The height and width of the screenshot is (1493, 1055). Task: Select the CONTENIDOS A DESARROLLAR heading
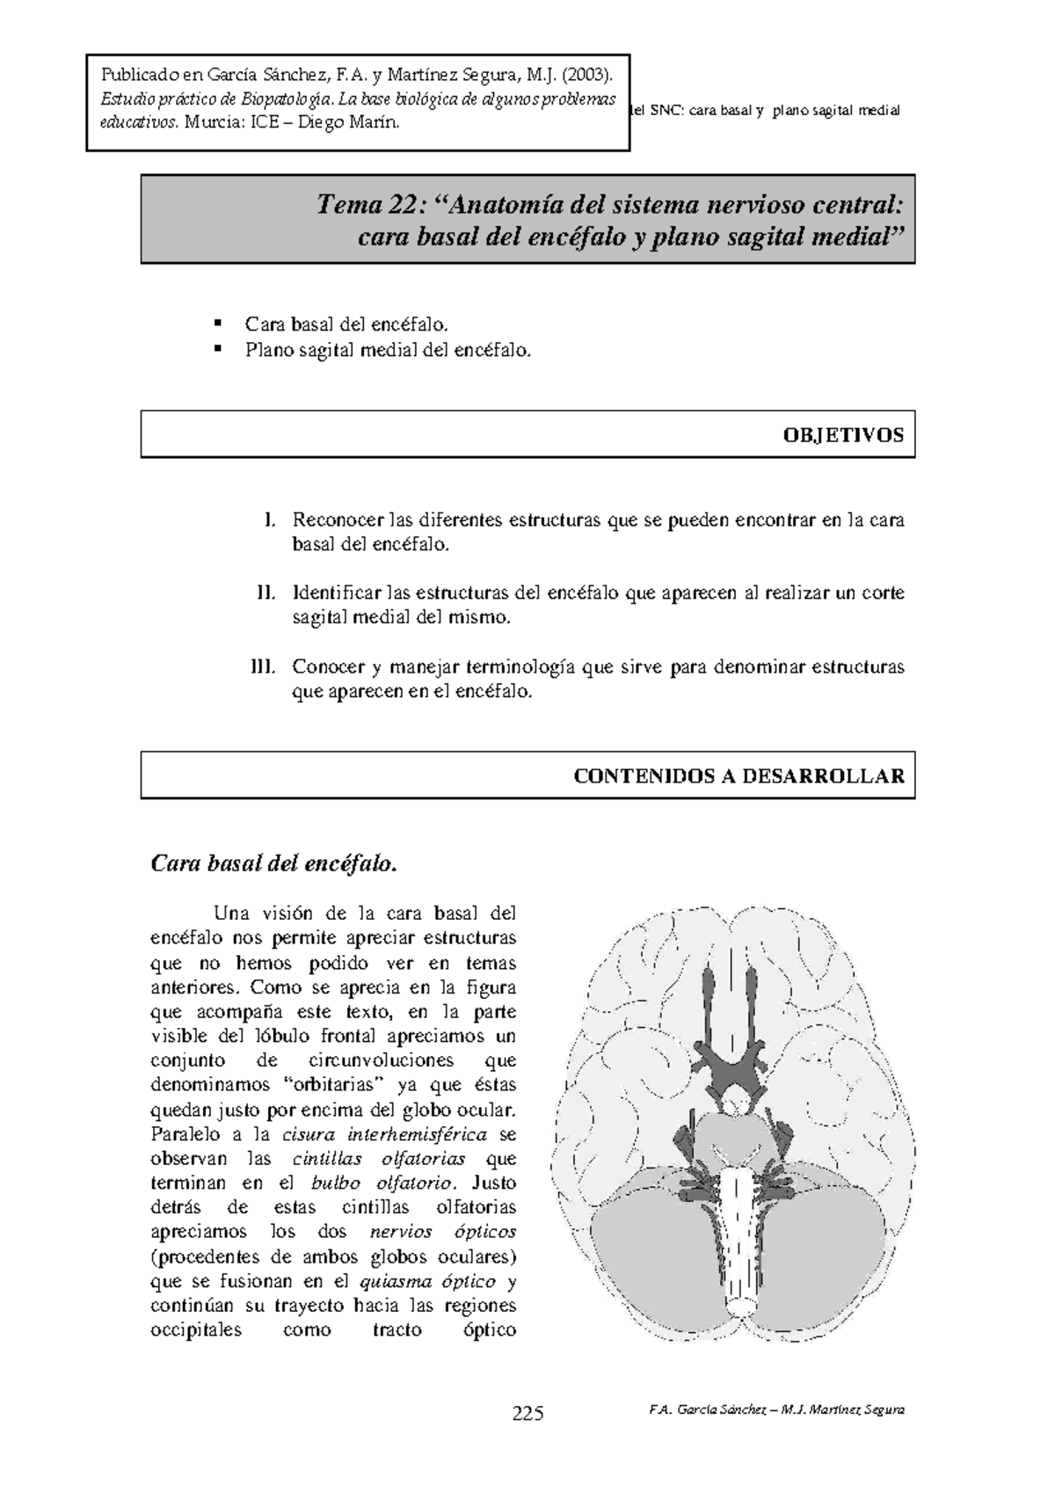click(x=738, y=776)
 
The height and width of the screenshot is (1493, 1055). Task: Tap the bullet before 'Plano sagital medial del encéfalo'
click(x=220, y=350)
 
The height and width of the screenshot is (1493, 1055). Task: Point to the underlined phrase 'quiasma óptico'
click(x=428, y=1280)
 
